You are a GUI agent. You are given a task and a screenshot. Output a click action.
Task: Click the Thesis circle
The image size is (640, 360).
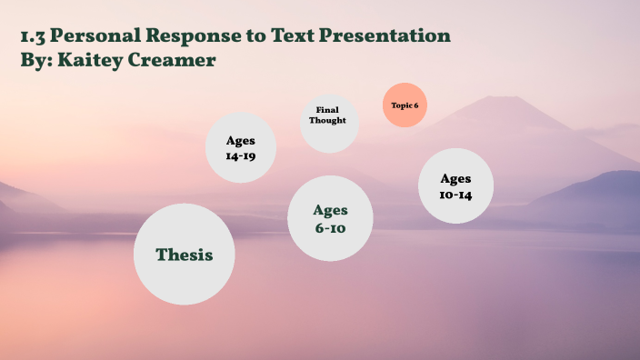click(184, 255)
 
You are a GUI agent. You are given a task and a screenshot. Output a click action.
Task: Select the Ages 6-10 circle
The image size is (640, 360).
click(330, 219)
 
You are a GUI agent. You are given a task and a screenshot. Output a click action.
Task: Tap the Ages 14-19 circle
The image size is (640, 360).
click(241, 148)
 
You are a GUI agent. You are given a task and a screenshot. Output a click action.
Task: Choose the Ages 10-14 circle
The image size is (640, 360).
click(455, 185)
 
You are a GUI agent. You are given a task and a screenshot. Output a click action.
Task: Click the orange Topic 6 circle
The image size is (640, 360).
click(405, 105)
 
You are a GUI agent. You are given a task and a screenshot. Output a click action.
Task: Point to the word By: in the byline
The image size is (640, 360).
click(36, 59)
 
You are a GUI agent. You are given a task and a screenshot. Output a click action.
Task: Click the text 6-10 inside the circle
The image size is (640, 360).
click(330, 228)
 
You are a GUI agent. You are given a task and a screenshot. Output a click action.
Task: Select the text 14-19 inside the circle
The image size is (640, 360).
click(241, 156)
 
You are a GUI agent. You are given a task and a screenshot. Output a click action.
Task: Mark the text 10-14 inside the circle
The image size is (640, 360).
click(455, 194)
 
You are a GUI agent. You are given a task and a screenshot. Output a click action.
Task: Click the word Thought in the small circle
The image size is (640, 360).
click(327, 120)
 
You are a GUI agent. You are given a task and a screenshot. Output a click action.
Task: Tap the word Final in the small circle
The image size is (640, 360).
click(327, 110)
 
